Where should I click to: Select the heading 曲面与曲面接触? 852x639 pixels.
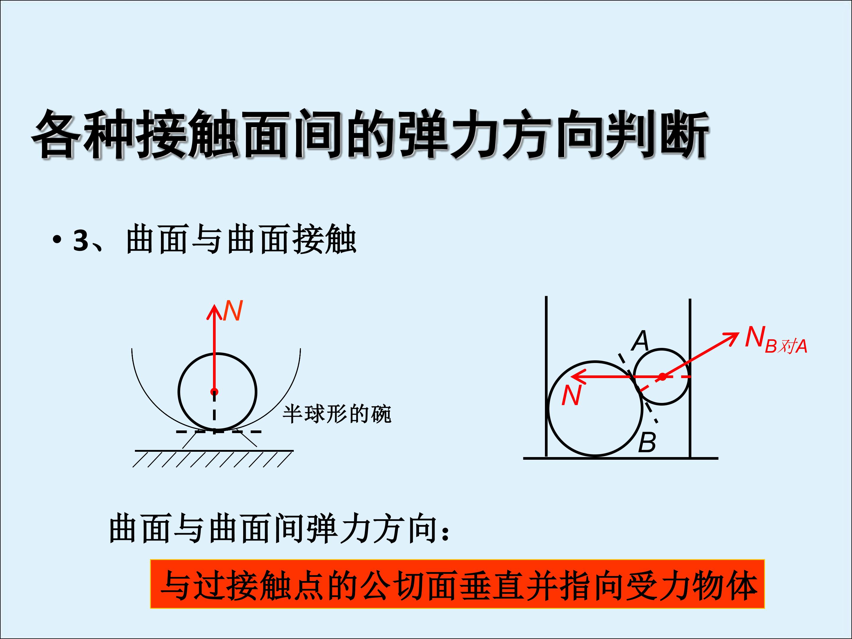[241, 240]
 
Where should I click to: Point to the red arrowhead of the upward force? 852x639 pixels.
[214, 312]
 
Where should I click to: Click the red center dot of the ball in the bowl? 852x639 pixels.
[214, 392]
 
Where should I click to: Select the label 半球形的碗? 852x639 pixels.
[337, 414]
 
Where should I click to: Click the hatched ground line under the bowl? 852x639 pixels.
[214, 450]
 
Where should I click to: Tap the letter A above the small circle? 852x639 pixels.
[640, 341]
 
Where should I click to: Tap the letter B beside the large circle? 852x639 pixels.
[647, 443]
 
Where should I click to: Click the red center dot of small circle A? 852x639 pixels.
[662, 377]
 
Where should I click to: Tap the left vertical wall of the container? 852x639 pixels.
[546, 377]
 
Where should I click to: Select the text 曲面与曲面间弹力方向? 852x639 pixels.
[273, 529]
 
